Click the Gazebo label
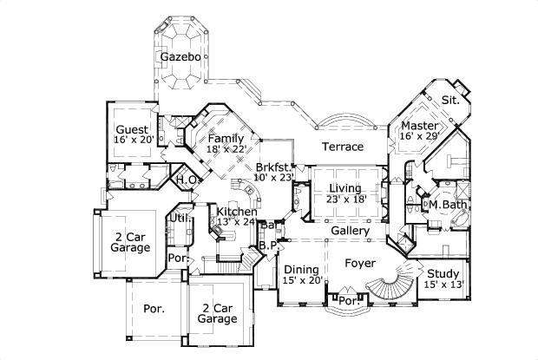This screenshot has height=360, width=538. (x=180, y=57)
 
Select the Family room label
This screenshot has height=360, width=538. (x=226, y=137)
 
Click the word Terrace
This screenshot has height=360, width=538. (x=342, y=147)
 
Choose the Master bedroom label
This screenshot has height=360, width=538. (x=419, y=125)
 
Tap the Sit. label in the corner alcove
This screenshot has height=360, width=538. (x=449, y=100)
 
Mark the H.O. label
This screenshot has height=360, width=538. (x=188, y=180)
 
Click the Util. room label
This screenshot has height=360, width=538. (x=179, y=218)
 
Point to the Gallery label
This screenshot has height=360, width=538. (x=351, y=231)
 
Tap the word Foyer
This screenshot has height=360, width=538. (x=359, y=262)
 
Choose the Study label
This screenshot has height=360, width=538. (x=443, y=273)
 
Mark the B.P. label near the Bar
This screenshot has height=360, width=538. (x=267, y=247)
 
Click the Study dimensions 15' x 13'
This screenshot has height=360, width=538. (x=443, y=285)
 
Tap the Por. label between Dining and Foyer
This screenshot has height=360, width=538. (x=348, y=301)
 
